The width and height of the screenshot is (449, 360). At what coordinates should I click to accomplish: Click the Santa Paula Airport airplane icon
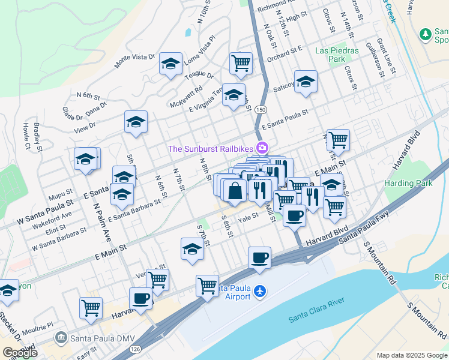coord(259,292)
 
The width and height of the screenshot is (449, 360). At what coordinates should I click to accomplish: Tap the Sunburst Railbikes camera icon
coord(262,148)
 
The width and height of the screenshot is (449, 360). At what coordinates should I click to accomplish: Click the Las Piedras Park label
coord(337,55)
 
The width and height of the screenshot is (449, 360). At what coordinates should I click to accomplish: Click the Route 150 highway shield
coord(260,110)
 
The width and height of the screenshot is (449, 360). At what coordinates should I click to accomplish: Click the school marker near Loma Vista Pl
coord(170,63)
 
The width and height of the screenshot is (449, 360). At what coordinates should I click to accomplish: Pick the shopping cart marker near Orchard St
coord(241,62)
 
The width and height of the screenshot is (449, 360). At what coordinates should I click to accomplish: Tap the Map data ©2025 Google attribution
coord(412,355)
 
